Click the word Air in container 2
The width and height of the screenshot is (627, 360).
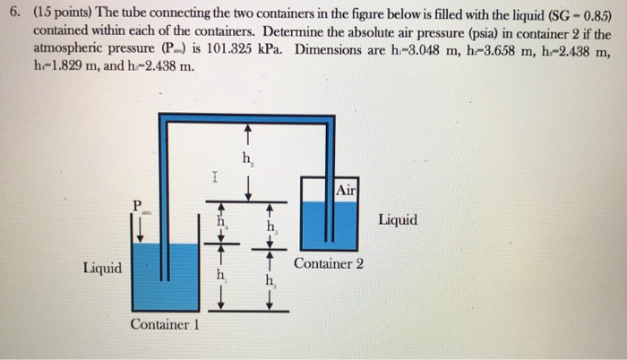click(348, 190)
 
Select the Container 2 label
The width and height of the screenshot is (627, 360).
click(329, 264)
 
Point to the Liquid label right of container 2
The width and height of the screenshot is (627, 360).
click(397, 219)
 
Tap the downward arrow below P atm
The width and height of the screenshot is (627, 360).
click(140, 230)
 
